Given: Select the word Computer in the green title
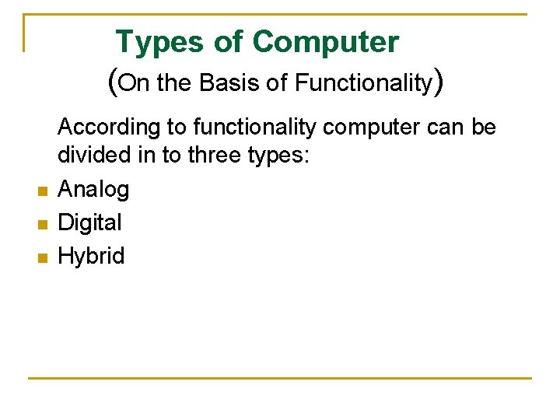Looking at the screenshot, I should click(x=325, y=42).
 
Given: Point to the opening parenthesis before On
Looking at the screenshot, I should click(x=114, y=82).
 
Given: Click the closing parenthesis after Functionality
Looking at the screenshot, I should click(x=439, y=82).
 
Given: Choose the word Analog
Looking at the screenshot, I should click(x=94, y=189).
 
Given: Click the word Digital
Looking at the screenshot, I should click(x=90, y=222).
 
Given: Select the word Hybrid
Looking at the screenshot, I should click(x=91, y=256).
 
